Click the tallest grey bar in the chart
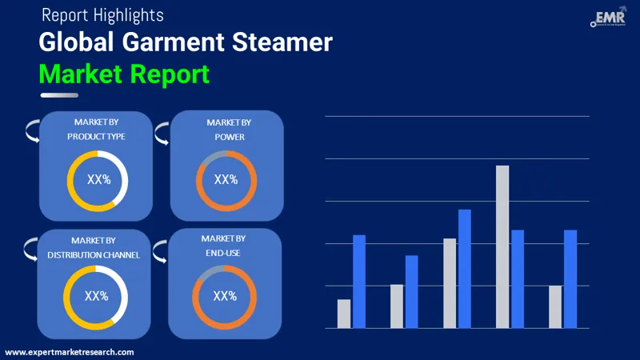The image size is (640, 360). click(x=502, y=246)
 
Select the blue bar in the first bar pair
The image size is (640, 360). click(x=359, y=281)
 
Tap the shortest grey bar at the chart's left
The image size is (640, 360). click(x=344, y=314)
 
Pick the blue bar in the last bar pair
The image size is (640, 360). click(x=570, y=278)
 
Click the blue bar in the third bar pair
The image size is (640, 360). click(x=464, y=268)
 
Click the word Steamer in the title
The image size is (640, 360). click(x=281, y=42)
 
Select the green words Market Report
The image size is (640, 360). click(x=124, y=74)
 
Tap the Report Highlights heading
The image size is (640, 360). click(x=102, y=15)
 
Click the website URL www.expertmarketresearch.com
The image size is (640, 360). click(x=70, y=352)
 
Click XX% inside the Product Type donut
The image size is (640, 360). click(x=98, y=180)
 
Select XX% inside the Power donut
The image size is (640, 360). click(x=226, y=179)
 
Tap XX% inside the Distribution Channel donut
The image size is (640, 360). click(x=96, y=296)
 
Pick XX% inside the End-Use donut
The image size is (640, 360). click(x=225, y=296)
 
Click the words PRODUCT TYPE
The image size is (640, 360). click(x=96, y=136)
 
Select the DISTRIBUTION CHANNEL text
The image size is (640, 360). click(x=94, y=254)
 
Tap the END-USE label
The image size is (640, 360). click(x=223, y=253)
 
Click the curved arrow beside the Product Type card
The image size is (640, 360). click(x=31, y=130)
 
